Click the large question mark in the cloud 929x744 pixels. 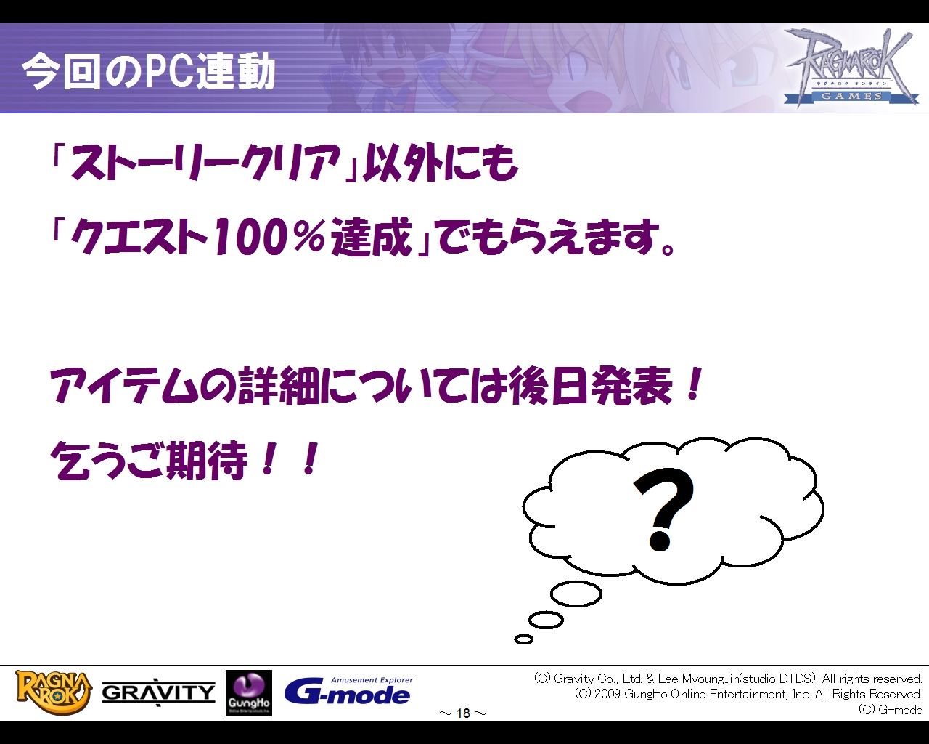point(663,510)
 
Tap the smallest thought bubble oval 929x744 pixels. point(523,639)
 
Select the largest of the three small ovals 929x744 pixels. point(576,594)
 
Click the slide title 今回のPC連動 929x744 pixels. point(149,71)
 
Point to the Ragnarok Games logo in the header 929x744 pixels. point(850,67)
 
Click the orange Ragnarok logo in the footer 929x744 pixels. point(54,692)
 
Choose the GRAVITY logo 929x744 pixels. point(158,692)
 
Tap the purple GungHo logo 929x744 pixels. point(249,693)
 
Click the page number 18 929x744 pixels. point(463,713)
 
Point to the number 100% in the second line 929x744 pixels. point(269,238)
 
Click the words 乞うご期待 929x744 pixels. point(149,461)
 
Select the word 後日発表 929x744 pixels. point(590,386)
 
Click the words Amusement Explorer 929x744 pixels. point(372,680)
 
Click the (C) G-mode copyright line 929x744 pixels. point(890,710)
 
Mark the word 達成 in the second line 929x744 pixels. point(372,238)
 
